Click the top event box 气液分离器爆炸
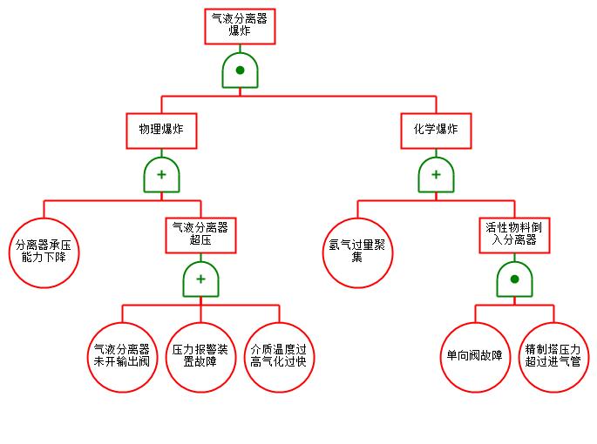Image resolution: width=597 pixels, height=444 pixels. (240, 26)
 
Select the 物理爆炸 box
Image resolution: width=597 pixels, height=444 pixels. (161, 129)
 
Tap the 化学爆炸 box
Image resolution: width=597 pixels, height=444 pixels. (436, 129)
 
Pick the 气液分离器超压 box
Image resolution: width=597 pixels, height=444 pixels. (200, 234)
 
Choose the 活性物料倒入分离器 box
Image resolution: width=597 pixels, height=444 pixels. (514, 234)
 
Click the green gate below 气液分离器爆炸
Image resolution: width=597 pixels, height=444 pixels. (240, 71)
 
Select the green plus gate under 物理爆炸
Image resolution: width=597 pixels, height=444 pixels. (161, 175)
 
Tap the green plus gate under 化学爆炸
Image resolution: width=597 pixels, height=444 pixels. (436, 175)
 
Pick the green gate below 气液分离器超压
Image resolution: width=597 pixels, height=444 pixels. (200, 279)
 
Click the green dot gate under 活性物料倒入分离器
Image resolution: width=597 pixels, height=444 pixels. (514, 279)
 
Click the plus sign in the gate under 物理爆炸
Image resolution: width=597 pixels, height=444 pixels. (161, 175)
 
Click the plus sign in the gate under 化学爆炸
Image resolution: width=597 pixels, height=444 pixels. (436, 175)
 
